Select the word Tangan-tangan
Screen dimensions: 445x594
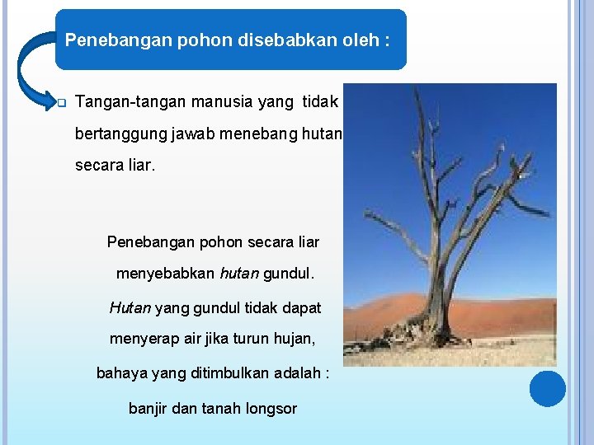coord(130,102)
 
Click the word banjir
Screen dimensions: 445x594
coord(148,408)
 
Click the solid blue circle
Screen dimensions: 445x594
coord(547,388)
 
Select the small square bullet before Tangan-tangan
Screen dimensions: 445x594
coord(60,104)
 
